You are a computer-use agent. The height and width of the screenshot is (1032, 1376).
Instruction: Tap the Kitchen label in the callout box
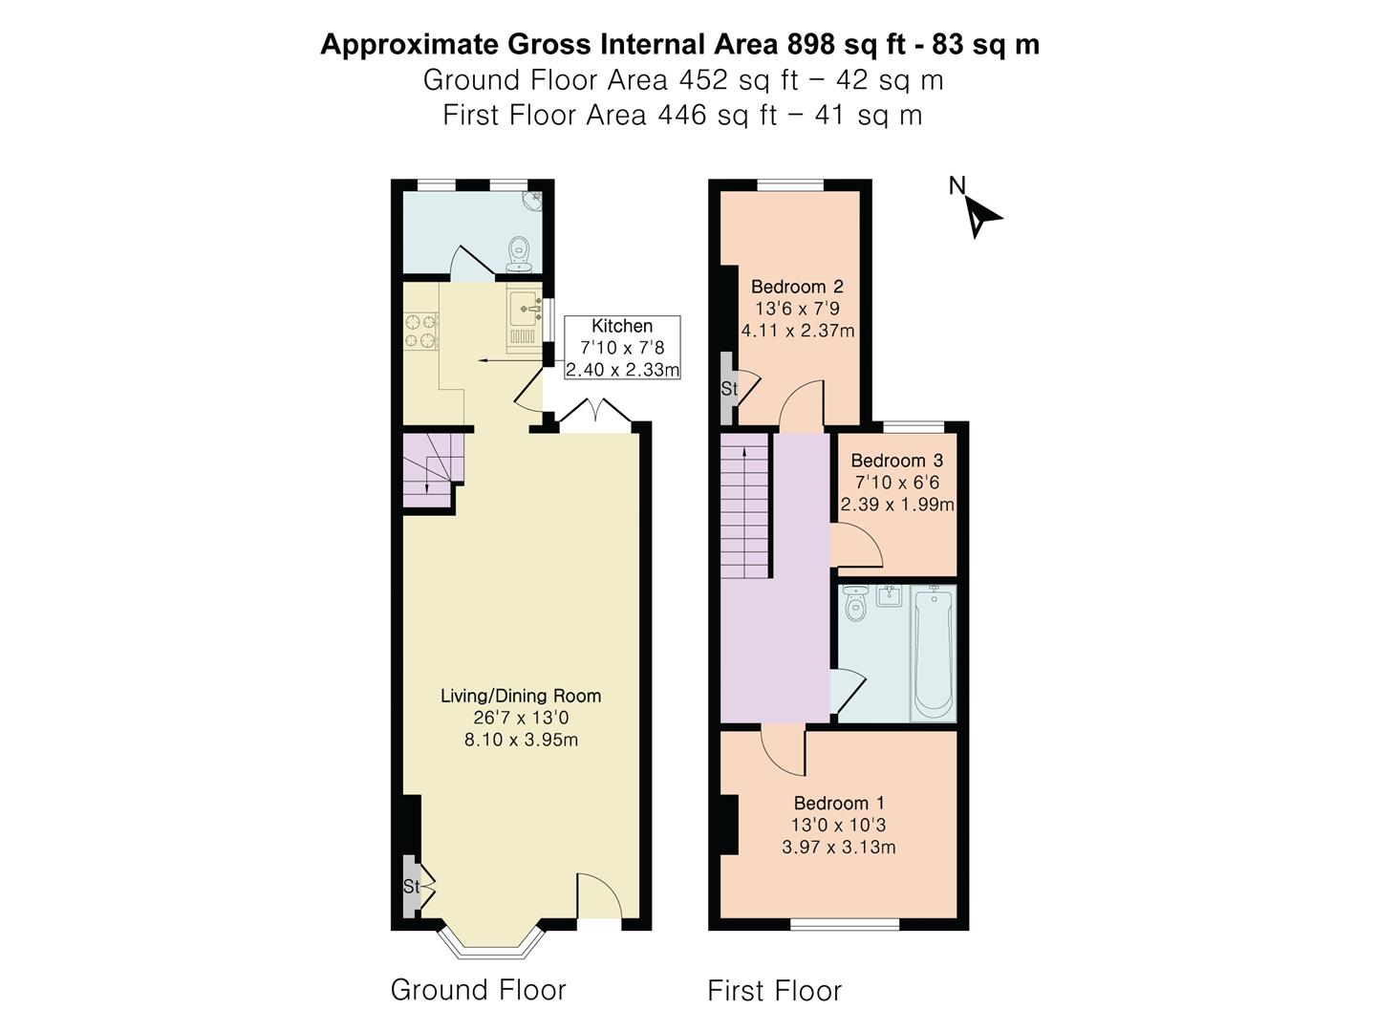[x=622, y=326]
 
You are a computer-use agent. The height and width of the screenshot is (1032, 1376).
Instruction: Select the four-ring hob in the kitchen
[x=420, y=331]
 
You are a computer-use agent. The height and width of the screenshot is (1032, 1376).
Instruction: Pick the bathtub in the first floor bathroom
[x=934, y=653]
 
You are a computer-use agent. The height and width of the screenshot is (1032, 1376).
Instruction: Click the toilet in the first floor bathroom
[x=855, y=602]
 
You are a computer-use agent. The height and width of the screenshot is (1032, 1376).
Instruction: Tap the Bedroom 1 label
[x=839, y=803]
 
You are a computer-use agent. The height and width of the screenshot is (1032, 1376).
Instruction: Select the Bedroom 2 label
[x=797, y=287]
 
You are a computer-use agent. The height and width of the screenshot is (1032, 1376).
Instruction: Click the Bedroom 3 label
[x=897, y=461]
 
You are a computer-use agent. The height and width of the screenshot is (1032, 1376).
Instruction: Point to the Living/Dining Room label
[x=521, y=696]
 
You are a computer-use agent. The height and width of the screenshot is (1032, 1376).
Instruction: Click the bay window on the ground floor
[x=491, y=944]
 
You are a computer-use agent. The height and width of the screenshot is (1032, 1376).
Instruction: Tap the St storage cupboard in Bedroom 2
[x=728, y=389]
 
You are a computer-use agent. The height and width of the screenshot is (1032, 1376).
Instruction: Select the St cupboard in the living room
[x=411, y=886]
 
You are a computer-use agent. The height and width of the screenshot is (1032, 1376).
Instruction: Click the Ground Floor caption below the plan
[x=479, y=989]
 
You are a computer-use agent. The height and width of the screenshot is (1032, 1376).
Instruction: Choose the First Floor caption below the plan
[x=775, y=991]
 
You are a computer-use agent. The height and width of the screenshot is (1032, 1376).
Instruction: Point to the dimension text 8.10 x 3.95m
[x=521, y=740]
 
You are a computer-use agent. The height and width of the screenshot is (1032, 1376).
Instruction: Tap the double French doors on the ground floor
[x=595, y=415]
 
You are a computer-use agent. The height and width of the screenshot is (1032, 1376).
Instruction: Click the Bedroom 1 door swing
[x=783, y=752]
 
